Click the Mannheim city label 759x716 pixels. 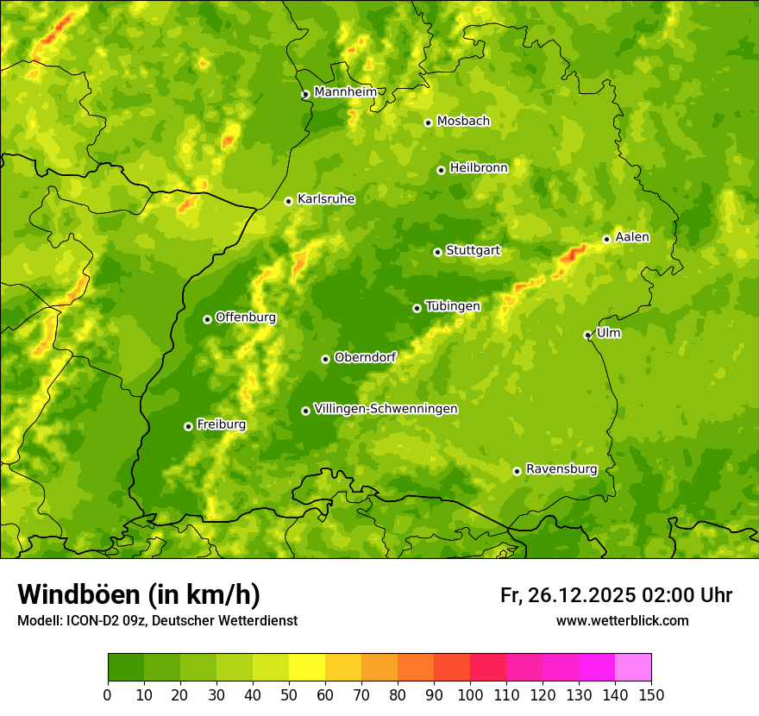tap(345, 92)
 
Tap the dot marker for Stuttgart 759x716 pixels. tap(437, 252)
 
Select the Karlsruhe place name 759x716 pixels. tap(326, 199)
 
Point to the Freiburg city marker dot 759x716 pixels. tap(188, 426)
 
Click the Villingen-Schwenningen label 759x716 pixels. tap(386, 409)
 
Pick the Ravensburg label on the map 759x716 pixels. tap(561, 469)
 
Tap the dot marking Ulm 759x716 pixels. tap(587, 335)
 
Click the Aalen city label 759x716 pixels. tap(632, 237)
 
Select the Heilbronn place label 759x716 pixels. tap(479, 168)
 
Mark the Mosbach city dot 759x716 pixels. tap(428, 122)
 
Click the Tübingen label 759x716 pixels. tap(453, 306)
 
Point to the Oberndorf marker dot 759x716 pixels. tap(325, 359)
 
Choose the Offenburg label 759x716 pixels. tap(246, 317)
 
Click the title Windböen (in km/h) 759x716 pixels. tap(139, 594)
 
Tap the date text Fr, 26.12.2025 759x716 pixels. tap(567, 595)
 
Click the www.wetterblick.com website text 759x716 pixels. tap(622, 620)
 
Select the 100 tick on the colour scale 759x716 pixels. tap(470, 694)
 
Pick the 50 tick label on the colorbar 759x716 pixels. tap(289, 694)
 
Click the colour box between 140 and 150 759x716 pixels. tap(633, 668)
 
